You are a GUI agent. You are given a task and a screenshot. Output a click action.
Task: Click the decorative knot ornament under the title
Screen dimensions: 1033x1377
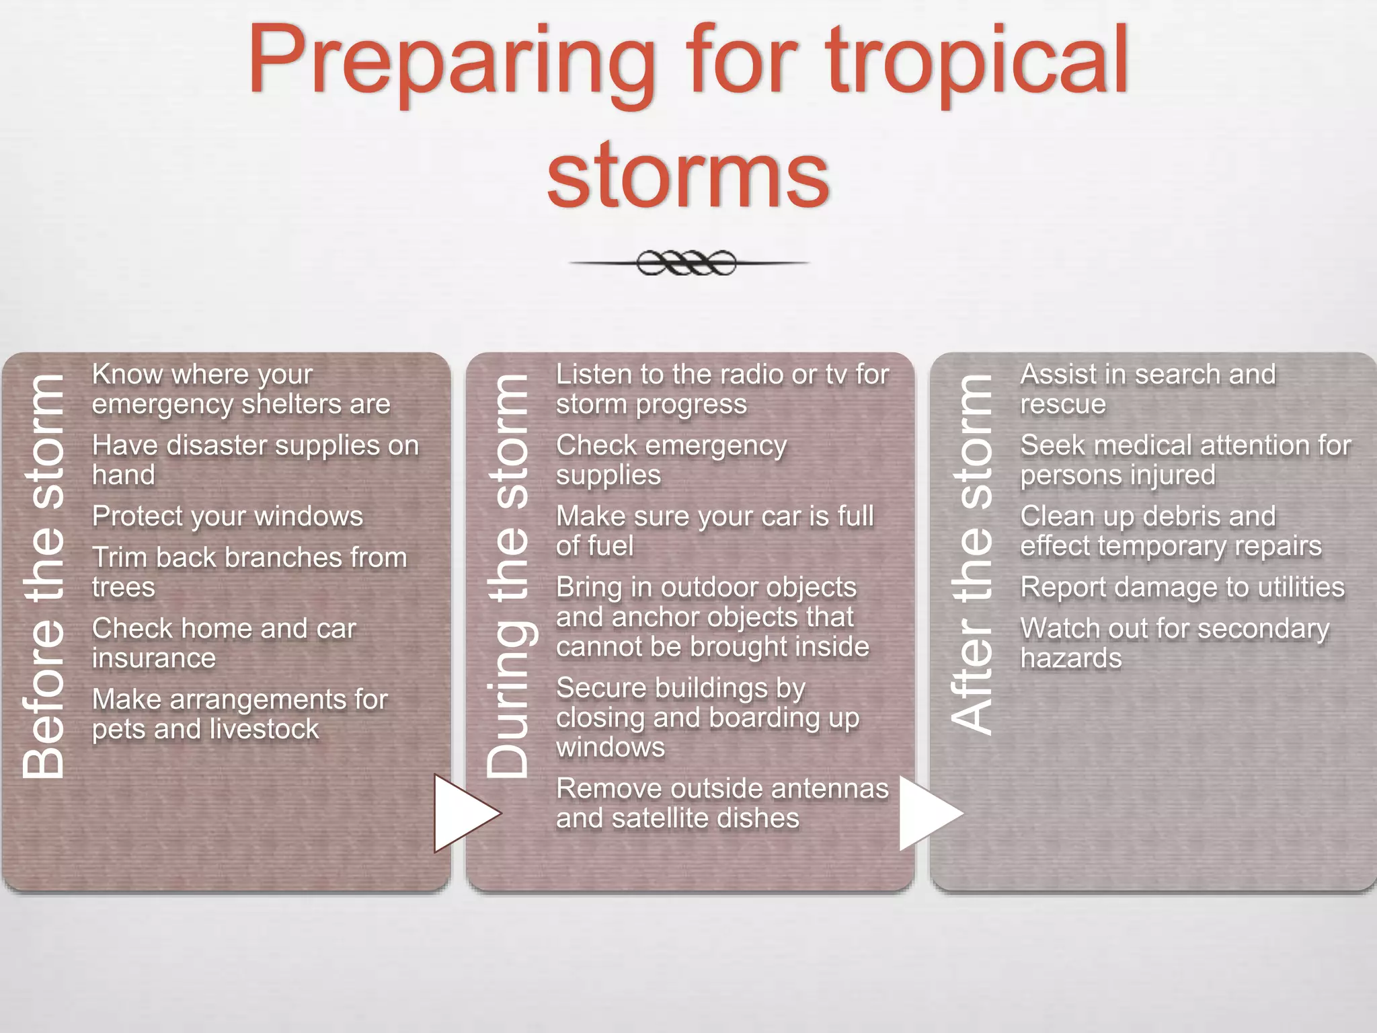687,263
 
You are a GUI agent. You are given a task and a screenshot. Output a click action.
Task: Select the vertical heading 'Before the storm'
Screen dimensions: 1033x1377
43,576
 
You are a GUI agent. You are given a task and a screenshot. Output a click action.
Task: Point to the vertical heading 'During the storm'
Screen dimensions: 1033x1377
508,576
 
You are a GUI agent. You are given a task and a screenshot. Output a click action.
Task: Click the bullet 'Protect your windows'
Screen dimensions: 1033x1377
227,516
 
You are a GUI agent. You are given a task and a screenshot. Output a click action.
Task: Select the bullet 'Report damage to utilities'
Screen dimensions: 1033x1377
1182,588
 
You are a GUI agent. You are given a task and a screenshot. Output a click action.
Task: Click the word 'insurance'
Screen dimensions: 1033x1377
154,658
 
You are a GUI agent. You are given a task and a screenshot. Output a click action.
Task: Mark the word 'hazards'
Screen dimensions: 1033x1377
1070,658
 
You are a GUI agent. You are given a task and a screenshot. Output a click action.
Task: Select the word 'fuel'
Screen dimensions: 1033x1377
613,546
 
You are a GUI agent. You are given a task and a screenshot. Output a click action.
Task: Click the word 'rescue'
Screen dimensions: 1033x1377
1062,404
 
